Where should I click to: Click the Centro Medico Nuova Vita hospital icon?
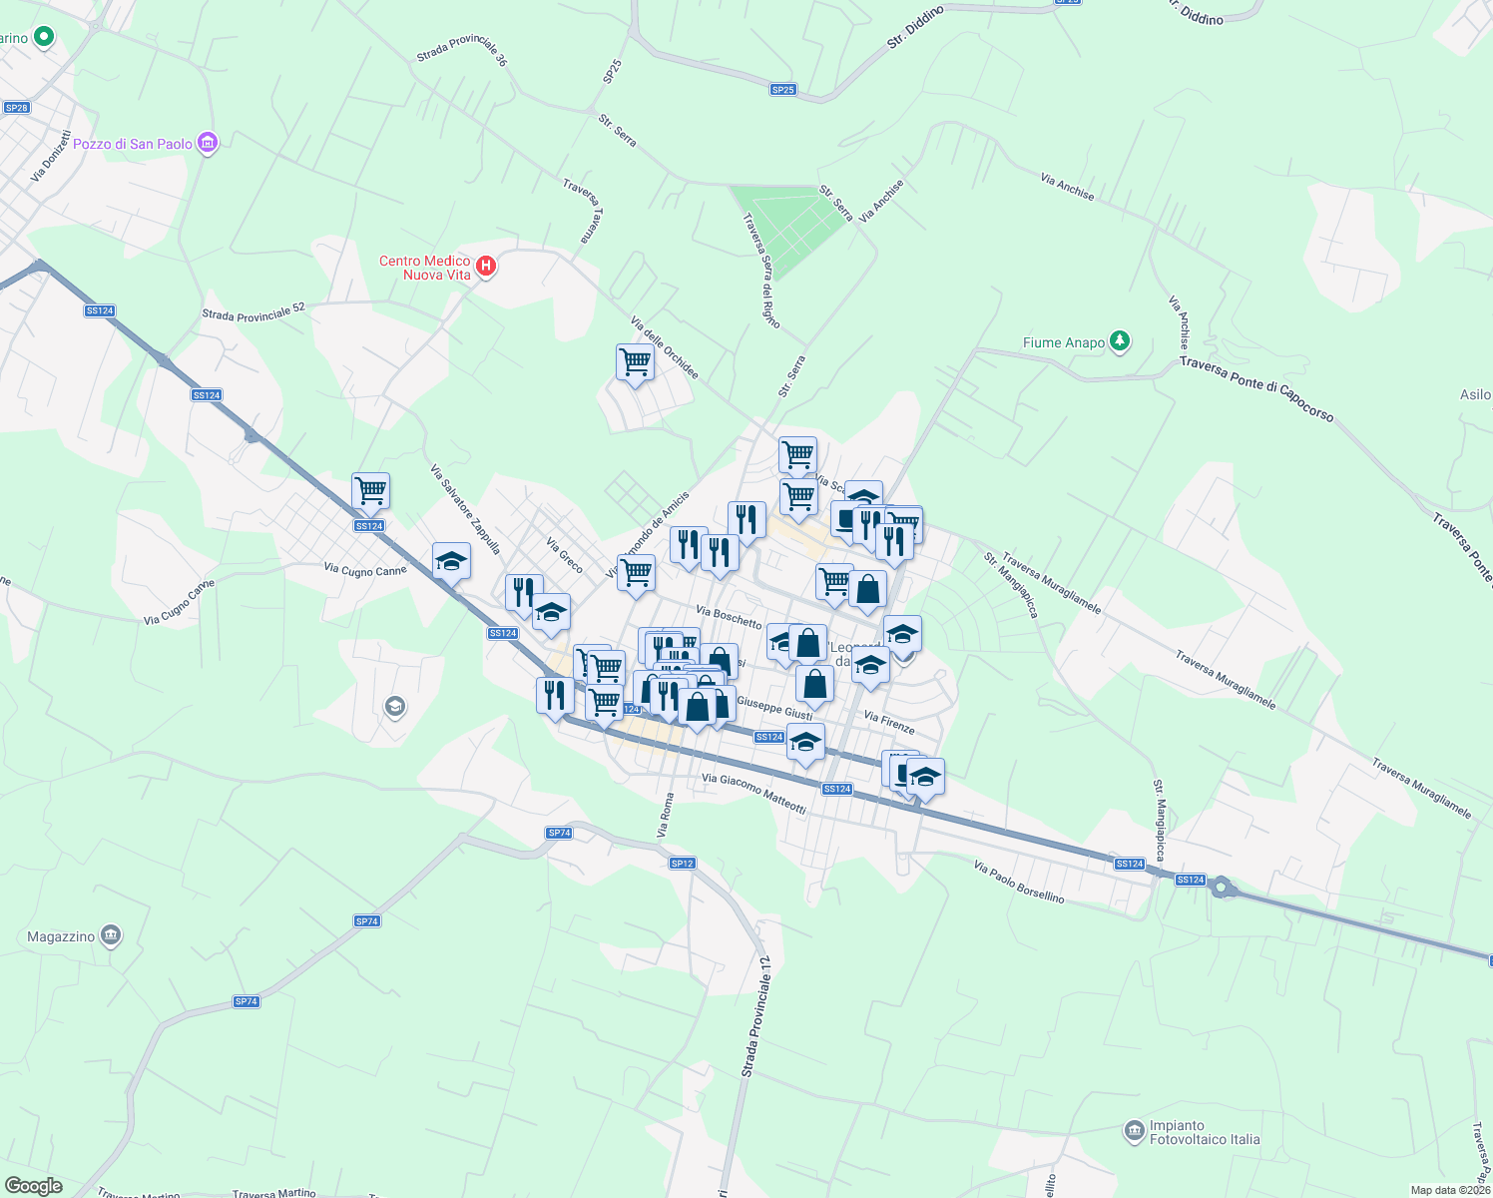(486, 266)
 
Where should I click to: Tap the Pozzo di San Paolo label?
(133, 144)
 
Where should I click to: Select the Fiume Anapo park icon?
(1120, 341)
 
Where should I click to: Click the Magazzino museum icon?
(111, 935)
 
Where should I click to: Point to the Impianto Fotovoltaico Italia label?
(1204, 1132)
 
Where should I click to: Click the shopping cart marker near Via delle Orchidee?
(635, 363)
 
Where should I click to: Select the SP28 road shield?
(16, 108)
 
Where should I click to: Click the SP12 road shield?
(682, 864)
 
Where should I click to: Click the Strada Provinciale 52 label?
(253, 313)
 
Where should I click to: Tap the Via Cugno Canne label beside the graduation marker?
(365, 570)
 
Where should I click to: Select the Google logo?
(33, 1186)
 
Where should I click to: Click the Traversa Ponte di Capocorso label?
(1255, 388)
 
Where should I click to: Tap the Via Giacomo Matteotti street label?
(753, 793)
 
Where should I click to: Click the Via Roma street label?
(665, 815)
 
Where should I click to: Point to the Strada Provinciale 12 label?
(755, 1017)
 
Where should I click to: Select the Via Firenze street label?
(888, 723)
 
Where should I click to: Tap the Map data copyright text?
(1449, 1190)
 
